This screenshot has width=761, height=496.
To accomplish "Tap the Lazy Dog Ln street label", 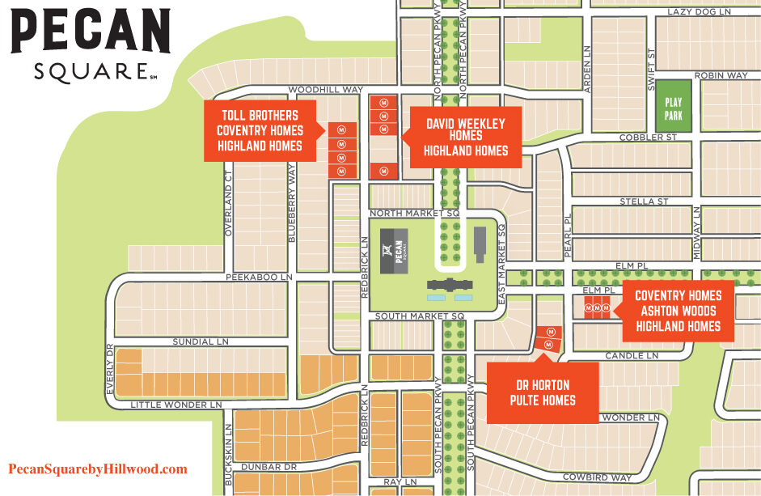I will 699,12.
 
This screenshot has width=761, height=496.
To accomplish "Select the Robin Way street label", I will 721,75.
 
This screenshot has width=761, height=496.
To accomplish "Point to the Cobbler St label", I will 648,138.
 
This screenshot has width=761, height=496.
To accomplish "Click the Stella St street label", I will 643,201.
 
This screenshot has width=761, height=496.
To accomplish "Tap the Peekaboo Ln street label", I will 258,277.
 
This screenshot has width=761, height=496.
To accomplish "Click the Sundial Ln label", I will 200,341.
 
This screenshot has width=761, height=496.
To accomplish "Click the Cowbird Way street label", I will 597,477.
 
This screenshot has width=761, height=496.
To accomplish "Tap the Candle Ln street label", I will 628,355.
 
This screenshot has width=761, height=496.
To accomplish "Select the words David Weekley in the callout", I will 465,123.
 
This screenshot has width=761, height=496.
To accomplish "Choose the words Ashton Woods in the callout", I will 678,311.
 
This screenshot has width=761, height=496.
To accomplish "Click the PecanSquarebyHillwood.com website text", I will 98,469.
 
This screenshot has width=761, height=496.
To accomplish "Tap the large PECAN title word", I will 90,33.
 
